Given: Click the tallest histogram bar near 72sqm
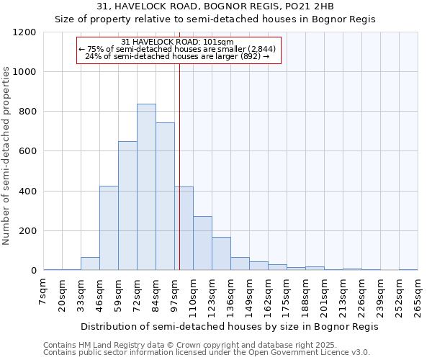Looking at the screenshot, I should coord(146,187).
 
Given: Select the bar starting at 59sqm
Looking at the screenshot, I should coord(127,206).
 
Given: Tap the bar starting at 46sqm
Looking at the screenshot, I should coord(109,228).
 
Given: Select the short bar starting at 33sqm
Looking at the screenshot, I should coord(90,264).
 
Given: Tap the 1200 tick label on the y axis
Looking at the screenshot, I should coord(24,32).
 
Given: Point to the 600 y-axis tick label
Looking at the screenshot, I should coord(27,152).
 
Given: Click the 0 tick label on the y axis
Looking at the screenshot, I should coord(33,271).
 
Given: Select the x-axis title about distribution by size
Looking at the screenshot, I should coord(230,326).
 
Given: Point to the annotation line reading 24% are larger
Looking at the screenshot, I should coord(178,55).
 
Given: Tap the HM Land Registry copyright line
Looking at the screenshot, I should coord(186,345).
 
